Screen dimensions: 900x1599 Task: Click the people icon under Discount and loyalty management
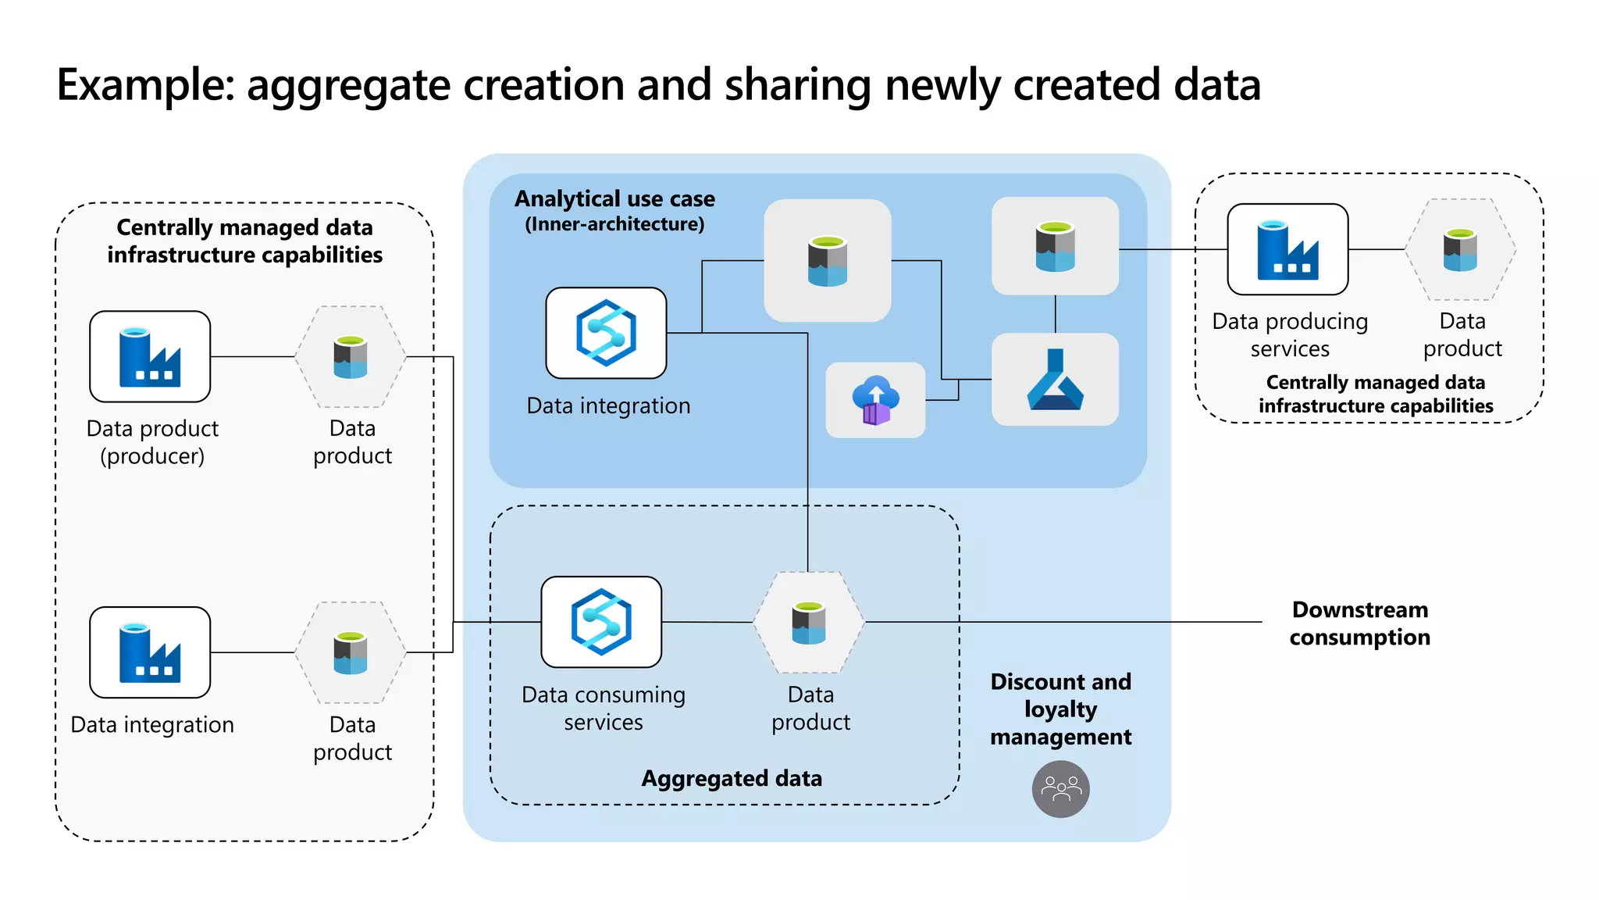pos(1060,790)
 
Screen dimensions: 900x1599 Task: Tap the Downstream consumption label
pos(1359,623)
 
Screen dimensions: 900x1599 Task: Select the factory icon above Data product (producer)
pos(150,357)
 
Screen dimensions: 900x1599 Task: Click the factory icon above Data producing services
pos(1287,250)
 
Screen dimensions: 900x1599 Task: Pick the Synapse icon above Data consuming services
pos(601,622)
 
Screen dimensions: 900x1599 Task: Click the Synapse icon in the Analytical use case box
pos(606,333)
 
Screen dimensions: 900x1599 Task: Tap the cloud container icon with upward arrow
pos(875,400)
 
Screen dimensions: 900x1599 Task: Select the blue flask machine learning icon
pos(1055,380)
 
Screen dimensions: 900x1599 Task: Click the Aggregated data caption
pos(732,778)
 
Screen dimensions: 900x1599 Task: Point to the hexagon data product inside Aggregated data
pos(809,623)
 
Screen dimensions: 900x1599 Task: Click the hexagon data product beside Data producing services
pos(1460,250)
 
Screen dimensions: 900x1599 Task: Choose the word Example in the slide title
pos(145,84)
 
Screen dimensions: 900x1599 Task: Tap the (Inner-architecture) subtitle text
pos(614,224)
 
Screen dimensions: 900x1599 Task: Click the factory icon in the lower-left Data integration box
pos(150,652)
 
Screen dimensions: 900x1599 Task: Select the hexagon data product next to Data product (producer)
pos(351,357)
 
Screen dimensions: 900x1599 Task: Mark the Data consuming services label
pos(604,708)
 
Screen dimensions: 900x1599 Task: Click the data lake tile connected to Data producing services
pos(1055,246)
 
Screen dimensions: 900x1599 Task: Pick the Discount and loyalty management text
pos(1060,709)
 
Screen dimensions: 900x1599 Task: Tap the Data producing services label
pos(1290,334)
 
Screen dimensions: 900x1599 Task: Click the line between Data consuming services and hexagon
pos(707,622)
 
